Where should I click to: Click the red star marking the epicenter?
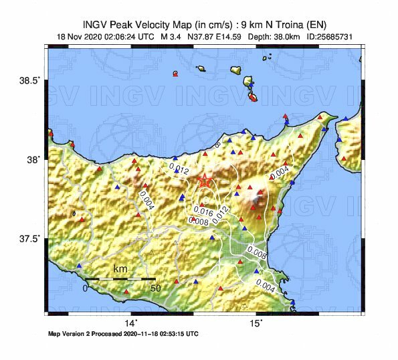(205, 181)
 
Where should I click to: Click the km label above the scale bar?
(120, 269)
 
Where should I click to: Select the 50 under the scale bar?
(155, 288)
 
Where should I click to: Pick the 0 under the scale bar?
(85, 288)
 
